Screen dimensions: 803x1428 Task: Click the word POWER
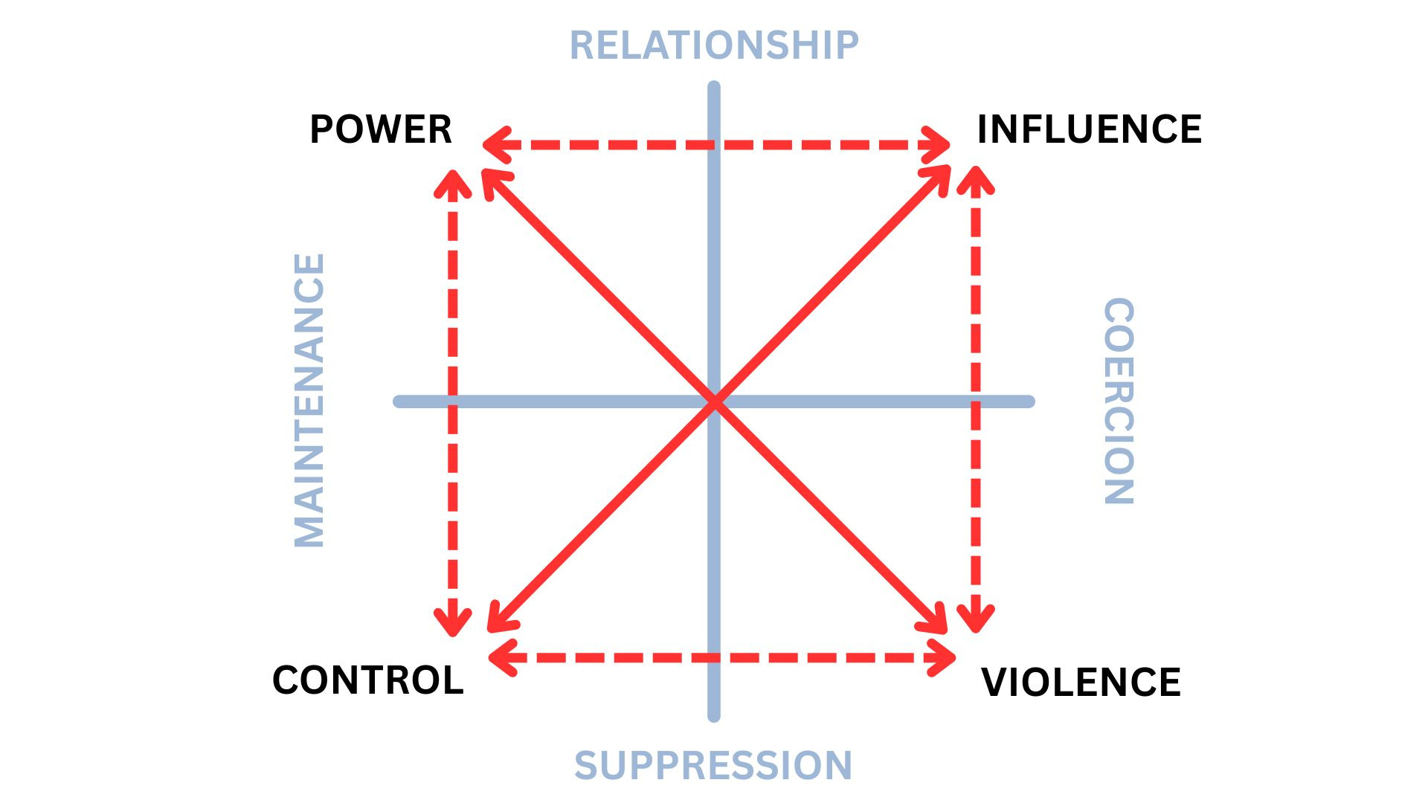[380, 129]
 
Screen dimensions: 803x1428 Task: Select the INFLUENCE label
[1089, 129]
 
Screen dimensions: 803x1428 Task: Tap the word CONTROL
[368, 680]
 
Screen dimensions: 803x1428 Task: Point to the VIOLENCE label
[1081, 682]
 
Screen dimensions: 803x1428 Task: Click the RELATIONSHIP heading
[714, 45]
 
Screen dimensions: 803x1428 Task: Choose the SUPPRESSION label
[713, 765]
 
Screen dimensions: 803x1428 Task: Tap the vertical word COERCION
[1119, 401]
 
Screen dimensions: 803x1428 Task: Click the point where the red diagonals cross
[714, 402]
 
